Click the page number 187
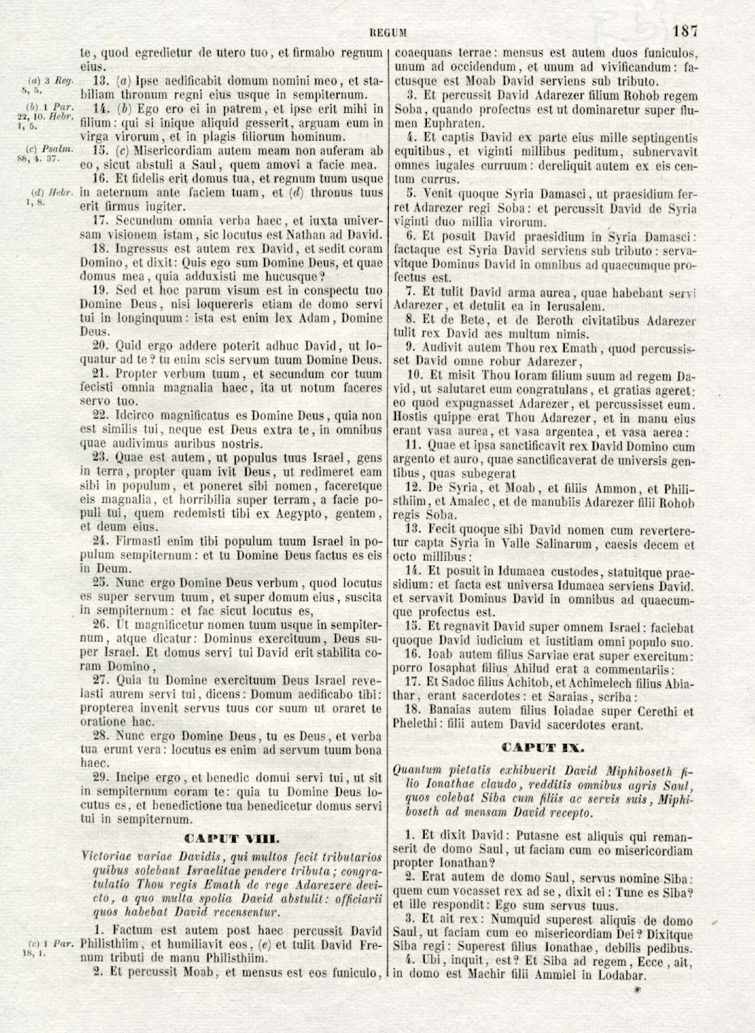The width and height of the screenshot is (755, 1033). coord(685,30)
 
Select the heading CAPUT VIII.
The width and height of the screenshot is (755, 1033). coord(231,839)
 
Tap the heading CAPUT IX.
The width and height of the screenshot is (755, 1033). coord(543,747)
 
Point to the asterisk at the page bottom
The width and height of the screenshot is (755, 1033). coord(636,991)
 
